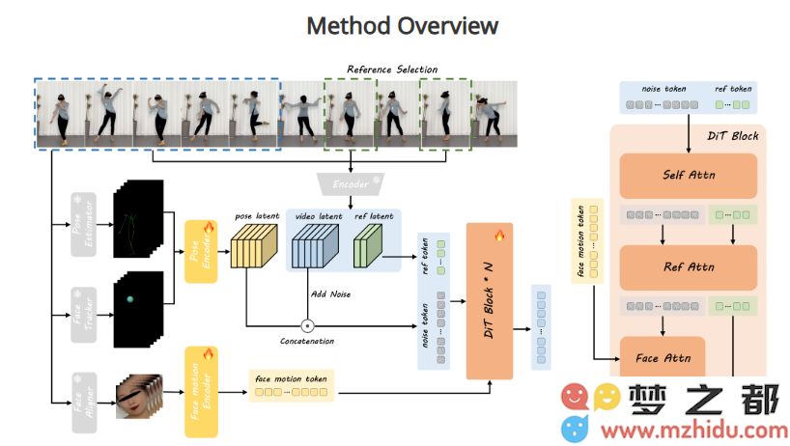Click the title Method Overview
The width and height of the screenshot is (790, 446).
tap(402, 25)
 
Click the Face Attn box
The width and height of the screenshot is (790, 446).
tap(662, 357)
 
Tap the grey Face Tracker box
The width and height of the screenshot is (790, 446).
tap(82, 311)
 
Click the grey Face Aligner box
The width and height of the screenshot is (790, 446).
tap(82, 399)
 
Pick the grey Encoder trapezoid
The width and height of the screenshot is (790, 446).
tap(349, 181)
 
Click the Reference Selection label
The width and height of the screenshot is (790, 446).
tap(392, 70)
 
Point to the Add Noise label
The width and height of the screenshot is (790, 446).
tap(329, 293)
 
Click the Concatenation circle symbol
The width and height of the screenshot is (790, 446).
tap(308, 324)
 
